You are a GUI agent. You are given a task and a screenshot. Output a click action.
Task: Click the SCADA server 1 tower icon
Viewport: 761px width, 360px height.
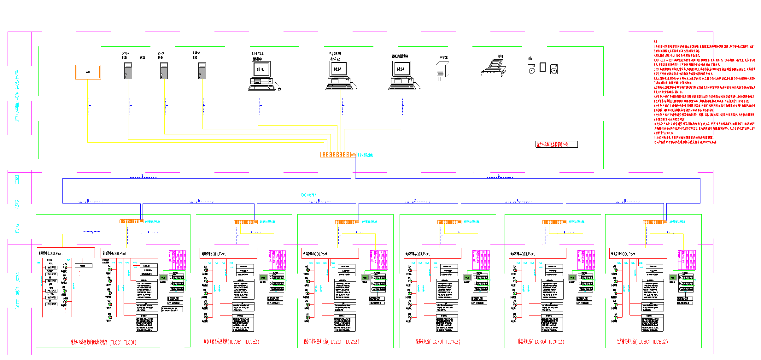128,71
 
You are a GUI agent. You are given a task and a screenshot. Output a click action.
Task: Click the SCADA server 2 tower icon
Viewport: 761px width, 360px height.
164,71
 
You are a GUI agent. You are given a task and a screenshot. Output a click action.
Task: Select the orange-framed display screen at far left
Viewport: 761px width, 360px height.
88,72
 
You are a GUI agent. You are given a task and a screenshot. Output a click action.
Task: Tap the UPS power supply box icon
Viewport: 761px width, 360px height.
442,70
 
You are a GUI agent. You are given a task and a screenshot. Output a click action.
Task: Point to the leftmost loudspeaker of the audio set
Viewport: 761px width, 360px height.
531,69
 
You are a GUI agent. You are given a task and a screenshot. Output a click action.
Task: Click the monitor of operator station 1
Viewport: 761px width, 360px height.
260,69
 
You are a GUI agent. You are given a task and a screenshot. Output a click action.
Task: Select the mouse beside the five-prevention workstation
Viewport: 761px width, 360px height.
420,89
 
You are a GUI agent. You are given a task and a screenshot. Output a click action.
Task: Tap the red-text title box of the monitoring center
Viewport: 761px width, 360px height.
556,144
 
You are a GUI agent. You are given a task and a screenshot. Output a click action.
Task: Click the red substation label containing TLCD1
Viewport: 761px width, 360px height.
103,342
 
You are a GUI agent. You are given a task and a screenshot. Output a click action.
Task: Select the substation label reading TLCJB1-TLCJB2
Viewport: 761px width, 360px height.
231,342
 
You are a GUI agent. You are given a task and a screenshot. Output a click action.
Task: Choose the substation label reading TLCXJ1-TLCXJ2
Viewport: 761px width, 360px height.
438,342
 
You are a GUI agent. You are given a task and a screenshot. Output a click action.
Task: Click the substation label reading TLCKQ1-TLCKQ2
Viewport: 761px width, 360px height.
541,342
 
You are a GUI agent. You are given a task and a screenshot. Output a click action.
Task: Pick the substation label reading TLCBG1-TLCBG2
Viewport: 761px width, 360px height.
642,342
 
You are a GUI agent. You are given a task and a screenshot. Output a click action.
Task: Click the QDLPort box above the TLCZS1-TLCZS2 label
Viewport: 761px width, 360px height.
330,253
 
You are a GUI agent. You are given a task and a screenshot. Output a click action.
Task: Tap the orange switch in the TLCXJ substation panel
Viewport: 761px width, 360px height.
449,222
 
